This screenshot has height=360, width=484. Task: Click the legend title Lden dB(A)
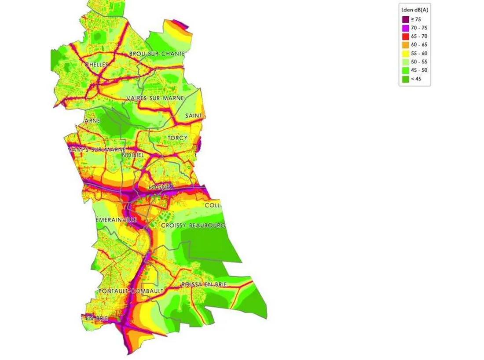[414, 10]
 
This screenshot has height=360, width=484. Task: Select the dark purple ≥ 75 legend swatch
[406, 19]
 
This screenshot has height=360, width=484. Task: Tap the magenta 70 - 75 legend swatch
[406, 28]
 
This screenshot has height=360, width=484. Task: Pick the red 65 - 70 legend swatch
[406, 36]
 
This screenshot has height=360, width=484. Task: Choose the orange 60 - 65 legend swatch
[406, 44]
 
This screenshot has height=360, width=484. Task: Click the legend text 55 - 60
[419, 53]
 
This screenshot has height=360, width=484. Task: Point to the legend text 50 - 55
[419, 62]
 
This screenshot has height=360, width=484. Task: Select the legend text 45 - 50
[419, 70]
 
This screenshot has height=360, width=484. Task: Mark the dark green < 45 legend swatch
[406, 79]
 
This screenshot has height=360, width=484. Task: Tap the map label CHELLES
[96, 65]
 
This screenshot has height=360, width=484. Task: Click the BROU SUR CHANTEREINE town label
[158, 54]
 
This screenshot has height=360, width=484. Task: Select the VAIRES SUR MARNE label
[155, 98]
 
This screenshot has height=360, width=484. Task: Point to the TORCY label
[178, 138]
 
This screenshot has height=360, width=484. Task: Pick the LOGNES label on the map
[161, 187]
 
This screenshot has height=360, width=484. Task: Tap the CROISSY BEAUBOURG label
[193, 225]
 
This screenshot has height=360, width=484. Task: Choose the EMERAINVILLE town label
[117, 219]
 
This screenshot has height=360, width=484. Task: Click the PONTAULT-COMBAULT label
[131, 291]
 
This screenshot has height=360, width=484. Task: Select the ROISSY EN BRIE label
[204, 284]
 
